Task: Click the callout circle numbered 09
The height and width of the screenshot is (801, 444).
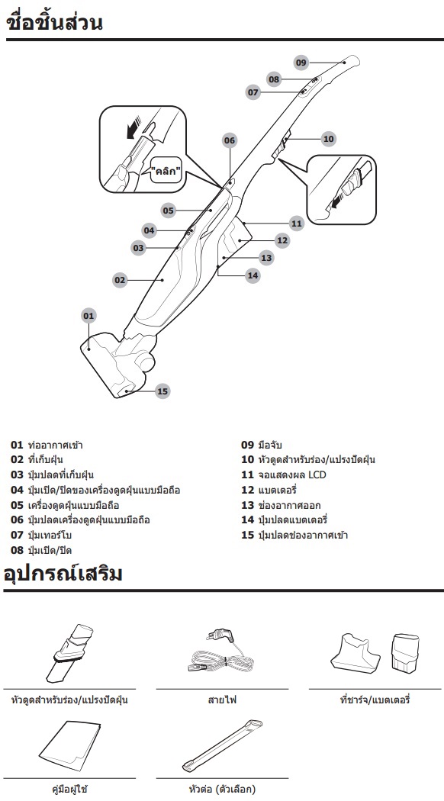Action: point(301,63)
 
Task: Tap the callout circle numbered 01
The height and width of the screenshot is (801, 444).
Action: point(89,316)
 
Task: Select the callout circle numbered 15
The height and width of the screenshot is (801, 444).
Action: point(162,392)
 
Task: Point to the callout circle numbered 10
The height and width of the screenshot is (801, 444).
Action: point(329,138)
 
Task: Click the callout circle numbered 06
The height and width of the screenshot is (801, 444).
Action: point(230,140)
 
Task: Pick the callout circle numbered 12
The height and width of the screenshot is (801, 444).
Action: point(282,240)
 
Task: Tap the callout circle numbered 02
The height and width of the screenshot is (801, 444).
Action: point(120,280)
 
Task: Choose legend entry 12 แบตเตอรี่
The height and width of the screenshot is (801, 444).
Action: point(269,491)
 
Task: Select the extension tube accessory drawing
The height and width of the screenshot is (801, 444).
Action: point(222,746)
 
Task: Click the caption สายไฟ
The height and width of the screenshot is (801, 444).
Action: point(222,700)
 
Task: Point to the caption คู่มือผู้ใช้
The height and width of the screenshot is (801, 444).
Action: point(70,790)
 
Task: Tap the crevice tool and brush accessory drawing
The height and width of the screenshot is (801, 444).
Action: point(71,653)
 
